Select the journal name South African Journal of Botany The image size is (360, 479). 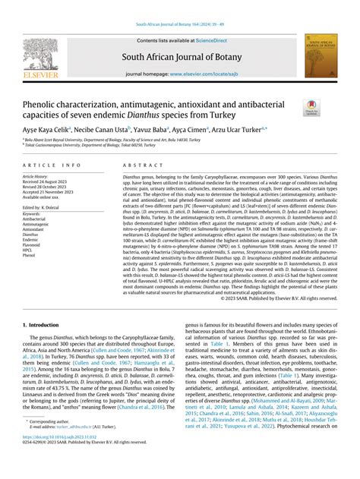179,56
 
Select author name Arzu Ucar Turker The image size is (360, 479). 238,130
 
